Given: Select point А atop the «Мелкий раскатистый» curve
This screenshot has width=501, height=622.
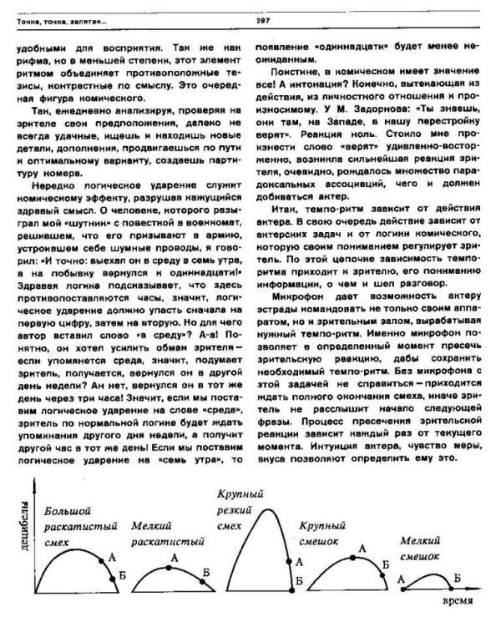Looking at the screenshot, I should click(169, 567).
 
